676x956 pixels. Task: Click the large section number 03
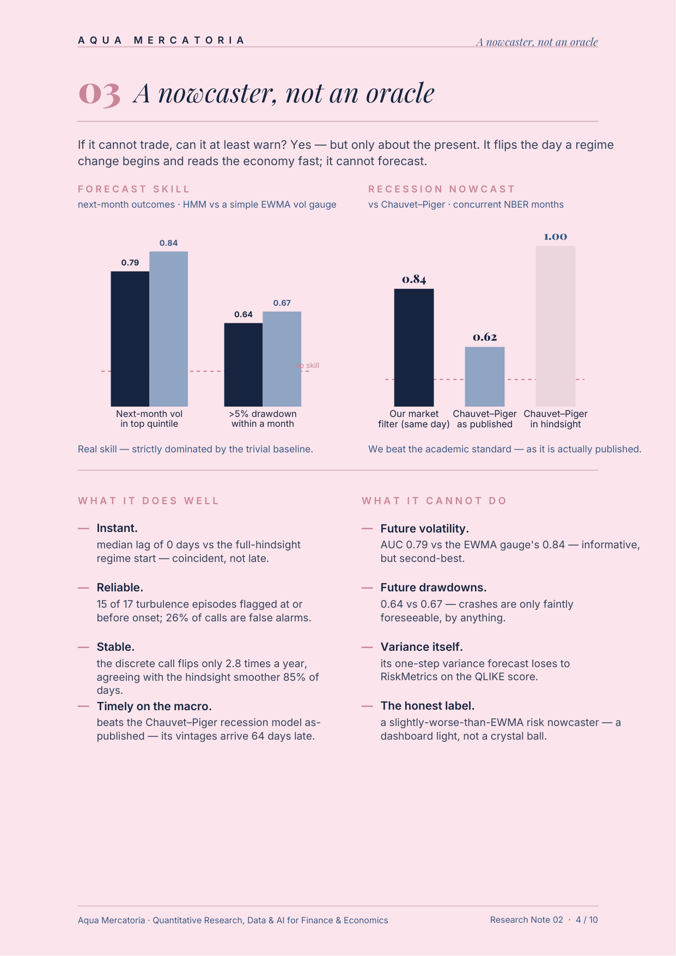coord(99,94)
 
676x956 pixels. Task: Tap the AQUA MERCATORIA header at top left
coord(161,40)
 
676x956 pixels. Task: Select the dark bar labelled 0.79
coord(130,338)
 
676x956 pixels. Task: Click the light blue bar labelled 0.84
coord(169,329)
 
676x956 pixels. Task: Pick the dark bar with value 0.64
coord(243,365)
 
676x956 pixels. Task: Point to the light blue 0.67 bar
coord(282,359)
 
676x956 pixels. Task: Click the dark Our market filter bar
coord(414,347)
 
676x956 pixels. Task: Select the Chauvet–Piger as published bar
coord(485,377)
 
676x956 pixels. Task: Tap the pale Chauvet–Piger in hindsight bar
coord(556,326)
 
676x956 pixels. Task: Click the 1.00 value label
coord(556,237)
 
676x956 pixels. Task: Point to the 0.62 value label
coord(485,337)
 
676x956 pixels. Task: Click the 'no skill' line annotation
coord(307,365)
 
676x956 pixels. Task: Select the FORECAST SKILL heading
coord(133,189)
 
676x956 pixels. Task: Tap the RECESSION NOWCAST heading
coord(441,189)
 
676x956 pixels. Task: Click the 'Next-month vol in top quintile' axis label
coord(149,419)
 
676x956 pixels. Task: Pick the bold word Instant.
coord(117,528)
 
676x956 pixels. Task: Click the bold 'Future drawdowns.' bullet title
coord(434,588)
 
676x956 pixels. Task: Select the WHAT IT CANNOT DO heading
coord(434,501)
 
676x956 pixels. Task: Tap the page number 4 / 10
coord(587,920)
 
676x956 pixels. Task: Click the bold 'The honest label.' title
coord(428,706)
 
